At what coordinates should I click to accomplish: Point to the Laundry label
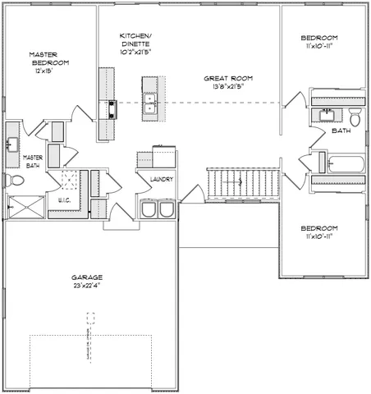160,179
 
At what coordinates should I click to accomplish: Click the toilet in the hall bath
355,115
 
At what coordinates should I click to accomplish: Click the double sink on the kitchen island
150,103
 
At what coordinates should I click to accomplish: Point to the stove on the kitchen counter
109,108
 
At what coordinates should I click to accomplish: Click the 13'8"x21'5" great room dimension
223,86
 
